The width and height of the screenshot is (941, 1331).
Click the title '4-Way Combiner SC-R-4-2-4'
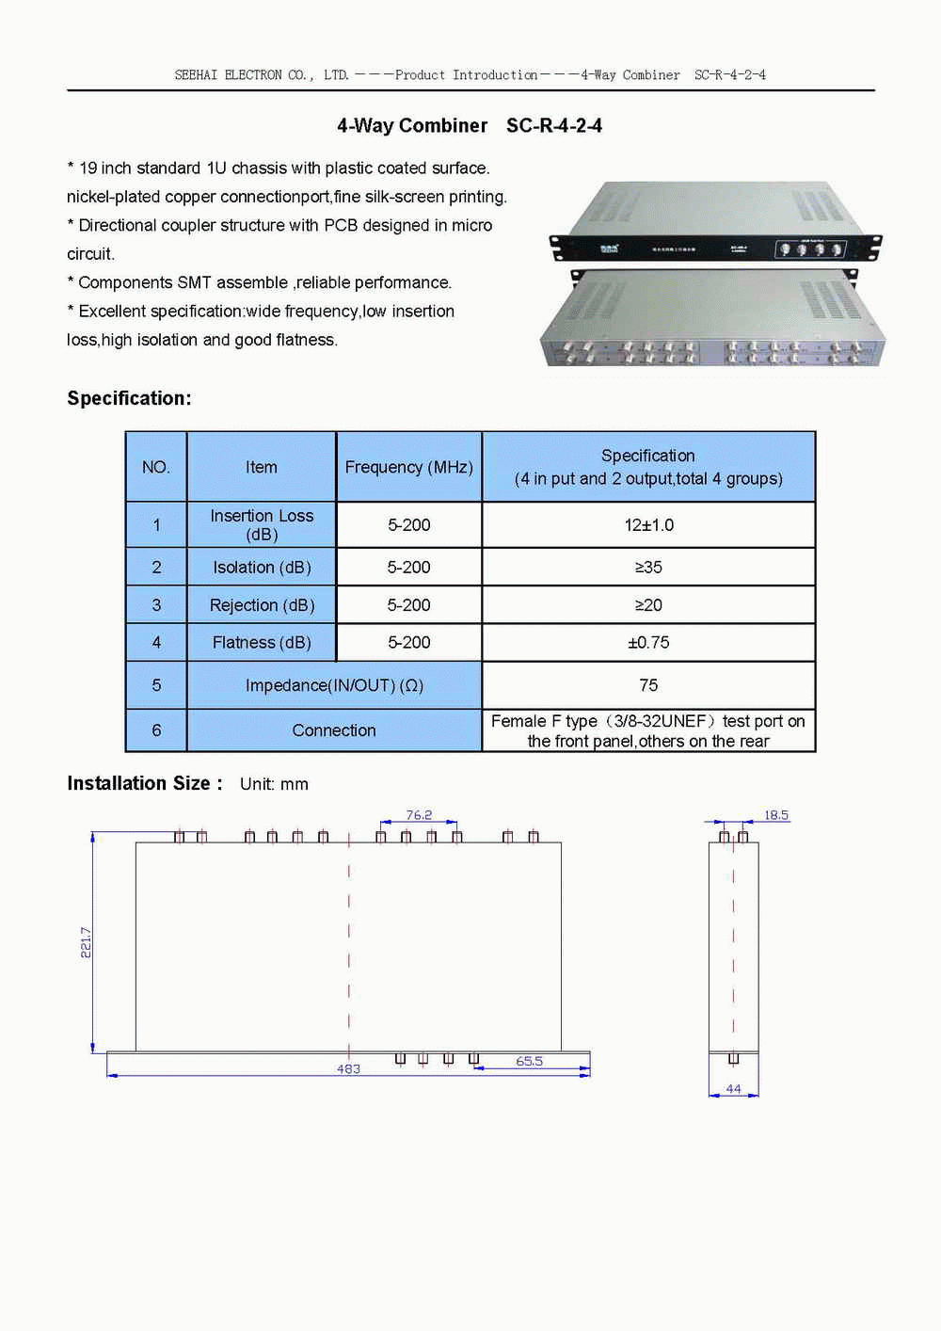[x=470, y=126]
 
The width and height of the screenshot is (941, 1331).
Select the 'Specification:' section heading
[x=129, y=398]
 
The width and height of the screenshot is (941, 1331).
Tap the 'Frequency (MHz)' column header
[x=408, y=467]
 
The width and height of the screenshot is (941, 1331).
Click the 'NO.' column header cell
[x=156, y=467]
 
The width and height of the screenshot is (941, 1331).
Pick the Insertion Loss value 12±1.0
[x=648, y=525]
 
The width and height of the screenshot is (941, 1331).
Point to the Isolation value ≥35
[x=648, y=568]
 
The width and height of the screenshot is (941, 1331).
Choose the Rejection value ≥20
[x=648, y=605]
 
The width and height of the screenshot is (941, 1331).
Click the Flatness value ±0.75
[x=648, y=643]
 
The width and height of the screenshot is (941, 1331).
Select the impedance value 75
[x=648, y=685]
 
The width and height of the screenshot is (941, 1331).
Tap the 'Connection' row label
[x=334, y=730]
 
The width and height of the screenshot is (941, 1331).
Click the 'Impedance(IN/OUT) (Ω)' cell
[x=334, y=685]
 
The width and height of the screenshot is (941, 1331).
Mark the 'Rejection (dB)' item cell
[x=262, y=605]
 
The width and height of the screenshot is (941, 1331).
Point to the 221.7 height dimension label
[x=86, y=942]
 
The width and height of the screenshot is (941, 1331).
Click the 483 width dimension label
[x=348, y=1069]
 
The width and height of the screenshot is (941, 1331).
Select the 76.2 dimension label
[x=419, y=815]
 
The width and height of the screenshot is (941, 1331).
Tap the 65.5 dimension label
[x=529, y=1061]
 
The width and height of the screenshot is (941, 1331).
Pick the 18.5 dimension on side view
[x=776, y=815]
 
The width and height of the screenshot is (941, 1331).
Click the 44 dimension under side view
[x=733, y=1089]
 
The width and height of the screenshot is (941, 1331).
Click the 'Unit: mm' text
[x=274, y=784]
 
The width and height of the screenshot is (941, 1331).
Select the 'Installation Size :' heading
[x=145, y=783]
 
